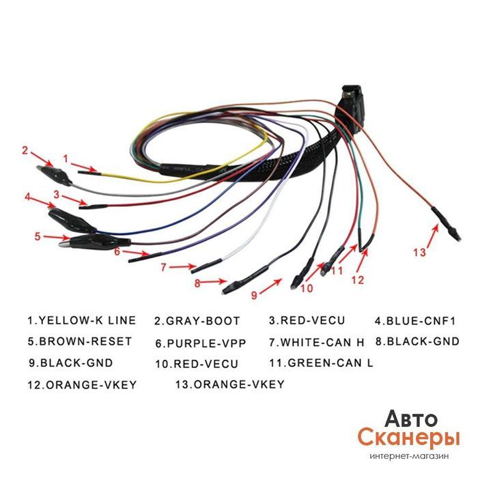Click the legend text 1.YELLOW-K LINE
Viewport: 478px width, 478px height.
(82, 320)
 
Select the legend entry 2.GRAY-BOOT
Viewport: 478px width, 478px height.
(197, 321)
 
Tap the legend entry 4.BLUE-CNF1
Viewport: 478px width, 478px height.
(415, 321)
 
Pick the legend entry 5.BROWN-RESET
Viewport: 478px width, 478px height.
(80, 341)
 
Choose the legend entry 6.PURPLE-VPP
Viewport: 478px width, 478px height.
(201, 343)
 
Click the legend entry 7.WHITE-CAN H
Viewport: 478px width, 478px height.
(316, 343)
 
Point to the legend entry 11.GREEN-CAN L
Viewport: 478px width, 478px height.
(321, 363)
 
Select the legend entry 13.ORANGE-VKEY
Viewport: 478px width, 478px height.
(229, 384)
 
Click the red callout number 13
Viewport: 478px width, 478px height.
(419, 253)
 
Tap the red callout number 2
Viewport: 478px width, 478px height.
(25, 151)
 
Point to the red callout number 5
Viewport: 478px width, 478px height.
(37, 236)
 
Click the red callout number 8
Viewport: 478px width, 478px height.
(197, 283)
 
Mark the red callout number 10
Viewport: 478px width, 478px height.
(307, 288)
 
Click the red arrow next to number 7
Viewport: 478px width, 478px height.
(182, 267)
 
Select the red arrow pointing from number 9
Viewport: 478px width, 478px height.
(270, 286)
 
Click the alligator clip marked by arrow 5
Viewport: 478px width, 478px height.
(94, 242)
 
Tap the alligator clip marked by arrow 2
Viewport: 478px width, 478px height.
(54, 175)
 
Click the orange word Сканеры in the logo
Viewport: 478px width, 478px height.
(408, 438)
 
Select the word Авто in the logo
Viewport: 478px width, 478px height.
(411, 418)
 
